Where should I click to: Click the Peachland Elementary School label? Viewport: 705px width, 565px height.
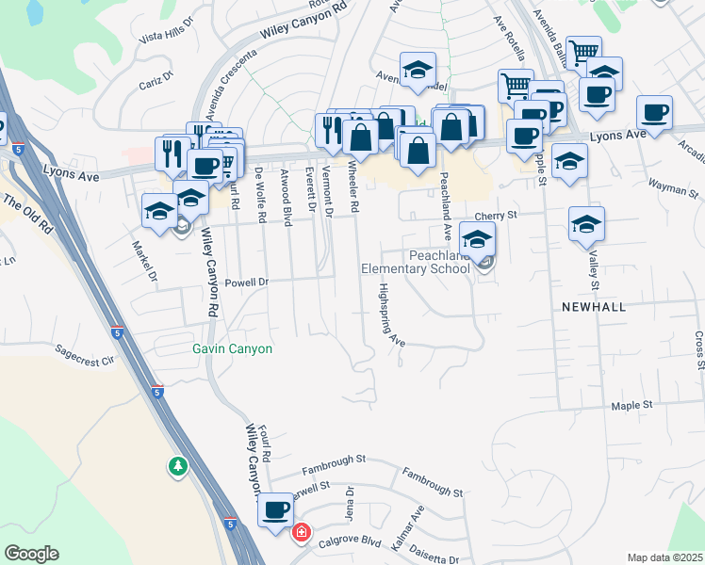416,262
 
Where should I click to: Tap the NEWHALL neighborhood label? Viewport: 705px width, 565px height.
593,307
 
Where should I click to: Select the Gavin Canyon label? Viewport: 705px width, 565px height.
232,348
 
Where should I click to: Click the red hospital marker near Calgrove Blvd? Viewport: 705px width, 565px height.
302,533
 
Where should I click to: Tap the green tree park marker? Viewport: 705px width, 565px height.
177,466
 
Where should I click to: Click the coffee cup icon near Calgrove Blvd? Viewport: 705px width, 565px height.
275,510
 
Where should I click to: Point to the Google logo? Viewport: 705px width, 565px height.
32,554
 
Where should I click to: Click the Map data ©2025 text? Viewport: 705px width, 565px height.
664,557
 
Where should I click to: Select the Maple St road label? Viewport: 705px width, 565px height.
631,406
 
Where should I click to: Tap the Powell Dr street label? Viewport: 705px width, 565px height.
248,282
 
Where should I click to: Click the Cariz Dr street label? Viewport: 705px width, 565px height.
156,76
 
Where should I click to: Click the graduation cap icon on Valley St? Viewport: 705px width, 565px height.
586,225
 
